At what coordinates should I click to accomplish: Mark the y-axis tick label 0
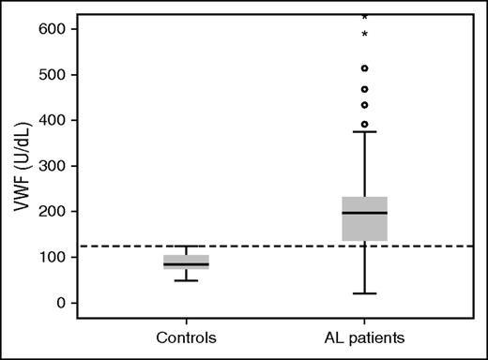[x=58, y=303]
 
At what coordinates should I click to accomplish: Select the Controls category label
[x=186, y=337]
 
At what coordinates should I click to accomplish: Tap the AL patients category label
[x=364, y=337]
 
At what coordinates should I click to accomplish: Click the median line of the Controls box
[x=186, y=264]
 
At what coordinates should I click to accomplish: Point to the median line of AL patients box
[x=364, y=213]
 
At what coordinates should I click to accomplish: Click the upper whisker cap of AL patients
[x=364, y=131]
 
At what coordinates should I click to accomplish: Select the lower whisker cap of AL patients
[x=364, y=293]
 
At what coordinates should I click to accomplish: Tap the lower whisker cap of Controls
[x=186, y=280]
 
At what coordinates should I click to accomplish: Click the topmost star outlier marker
[x=364, y=17]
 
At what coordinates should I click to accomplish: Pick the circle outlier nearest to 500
[x=364, y=68]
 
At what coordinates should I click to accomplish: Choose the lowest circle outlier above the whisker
[x=364, y=124]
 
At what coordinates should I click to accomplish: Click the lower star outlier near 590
[x=364, y=35]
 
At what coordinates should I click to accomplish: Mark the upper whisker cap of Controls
[x=186, y=247]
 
